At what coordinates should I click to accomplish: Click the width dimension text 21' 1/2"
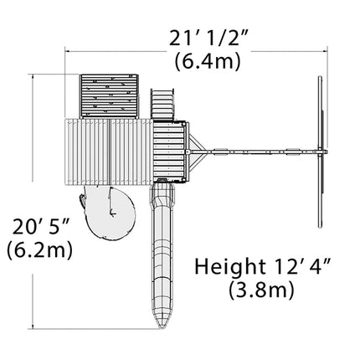click(x=208, y=38)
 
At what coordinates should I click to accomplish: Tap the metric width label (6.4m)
click(x=208, y=61)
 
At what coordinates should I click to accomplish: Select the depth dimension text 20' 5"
click(x=41, y=227)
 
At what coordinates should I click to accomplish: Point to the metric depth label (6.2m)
click(x=40, y=250)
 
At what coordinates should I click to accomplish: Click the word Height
click(x=230, y=266)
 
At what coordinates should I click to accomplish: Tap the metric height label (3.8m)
click(x=261, y=290)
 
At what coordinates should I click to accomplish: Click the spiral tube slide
click(x=109, y=212)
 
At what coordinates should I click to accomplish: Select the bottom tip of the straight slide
click(x=162, y=329)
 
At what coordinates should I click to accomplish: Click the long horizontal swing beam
click(x=257, y=152)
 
